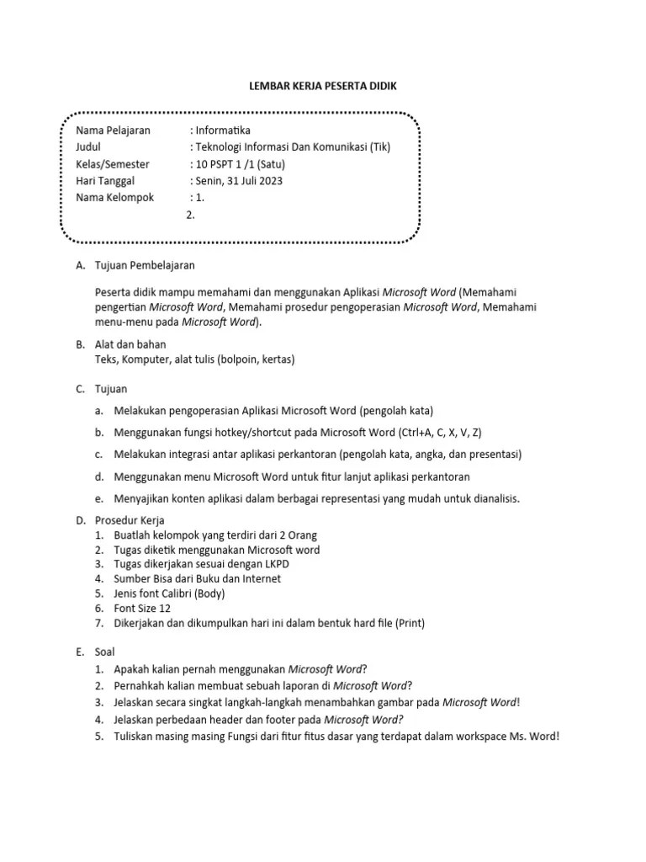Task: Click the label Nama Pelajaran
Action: click(113, 130)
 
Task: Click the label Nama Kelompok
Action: click(114, 197)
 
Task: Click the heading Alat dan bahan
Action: click(131, 344)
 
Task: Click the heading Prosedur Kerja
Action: click(130, 520)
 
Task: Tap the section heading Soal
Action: click(106, 652)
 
